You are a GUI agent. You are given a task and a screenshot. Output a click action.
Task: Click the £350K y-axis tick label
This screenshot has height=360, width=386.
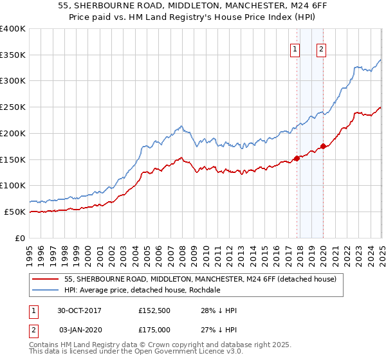(x=13, y=55)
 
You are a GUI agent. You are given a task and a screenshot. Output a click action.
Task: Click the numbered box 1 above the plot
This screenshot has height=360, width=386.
(x=295, y=50)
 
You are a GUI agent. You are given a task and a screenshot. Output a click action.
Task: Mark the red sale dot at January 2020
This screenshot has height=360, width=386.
(x=323, y=147)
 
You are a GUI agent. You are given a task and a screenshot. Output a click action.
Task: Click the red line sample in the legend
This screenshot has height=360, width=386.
(x=45, y=279)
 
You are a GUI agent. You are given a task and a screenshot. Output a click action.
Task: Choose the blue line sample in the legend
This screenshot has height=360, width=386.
(x=45, y=290)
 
